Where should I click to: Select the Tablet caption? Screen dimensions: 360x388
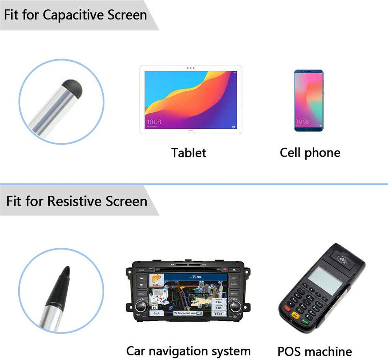pos(189,152)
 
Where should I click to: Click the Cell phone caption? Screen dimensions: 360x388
pos(310,152)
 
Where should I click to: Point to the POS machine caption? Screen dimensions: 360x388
pos(314,351)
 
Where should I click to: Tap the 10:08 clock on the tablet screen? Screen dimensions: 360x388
pos(154,122)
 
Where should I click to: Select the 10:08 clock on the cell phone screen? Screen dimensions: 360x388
pos(303,121)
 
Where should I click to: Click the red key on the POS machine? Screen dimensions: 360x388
pos(288,308)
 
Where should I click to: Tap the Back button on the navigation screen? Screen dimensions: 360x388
pos(156,313)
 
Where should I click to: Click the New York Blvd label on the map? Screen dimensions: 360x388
pos(199,295)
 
